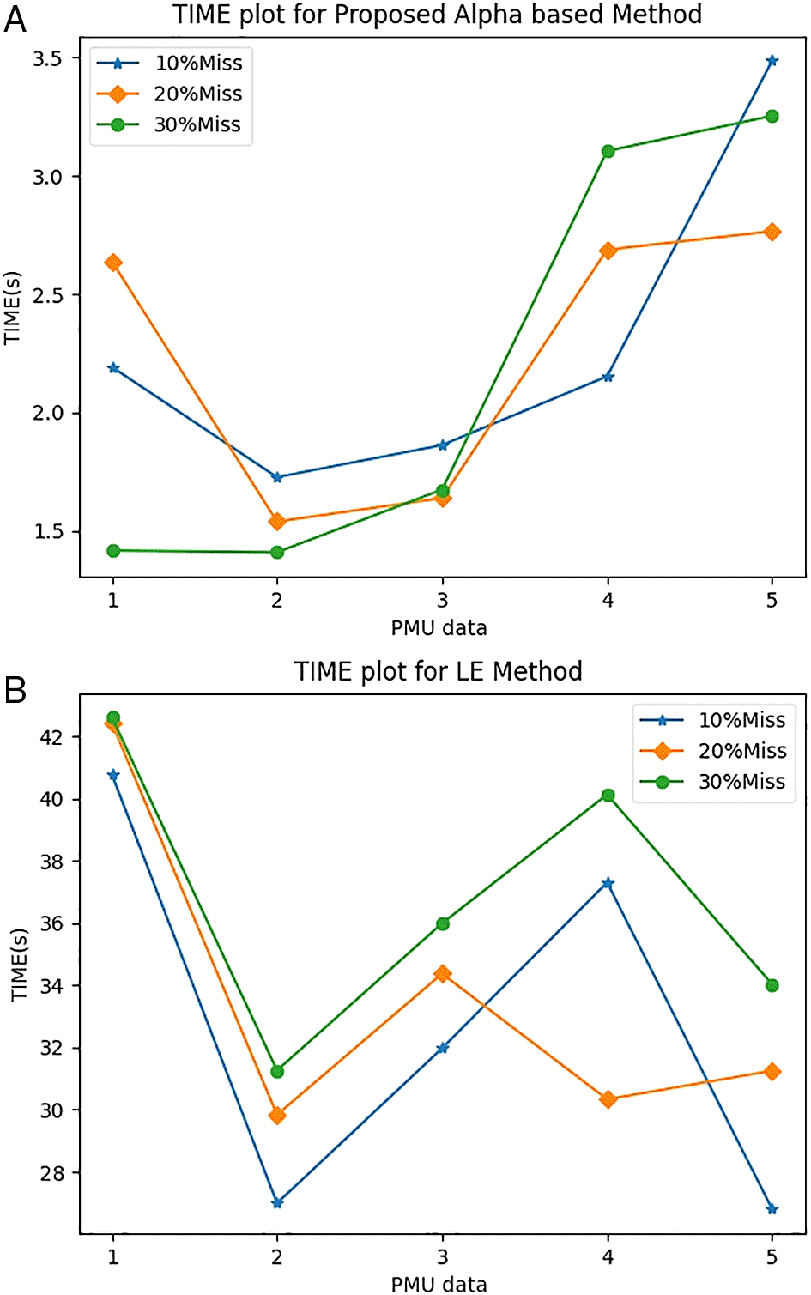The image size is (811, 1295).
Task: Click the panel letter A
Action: [x=15, y=18]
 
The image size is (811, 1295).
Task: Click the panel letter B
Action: [x=15, y=689]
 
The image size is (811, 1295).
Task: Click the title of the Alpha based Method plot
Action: [x=437, y=15]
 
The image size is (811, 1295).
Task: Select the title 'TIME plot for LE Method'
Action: [x=438, y=670]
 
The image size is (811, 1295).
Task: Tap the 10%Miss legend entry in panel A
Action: [x=170, y=63]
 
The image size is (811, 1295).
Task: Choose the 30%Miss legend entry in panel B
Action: [x=713, y=782]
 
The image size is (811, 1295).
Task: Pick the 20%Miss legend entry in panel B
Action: [x=713, y=751]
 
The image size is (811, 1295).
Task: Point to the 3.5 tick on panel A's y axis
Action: [x=47, y=58]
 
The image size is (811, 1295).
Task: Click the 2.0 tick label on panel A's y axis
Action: [x=47, y=413]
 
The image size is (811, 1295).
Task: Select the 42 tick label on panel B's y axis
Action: [x=51, y=737]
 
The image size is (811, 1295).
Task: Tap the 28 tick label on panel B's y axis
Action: [x=51, y=1173]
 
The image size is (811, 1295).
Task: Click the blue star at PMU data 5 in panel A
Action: [x=772, y=61]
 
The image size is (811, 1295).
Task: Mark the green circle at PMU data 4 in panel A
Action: [x=608, y=151]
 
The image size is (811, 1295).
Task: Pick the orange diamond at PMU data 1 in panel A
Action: [x=112, y=263]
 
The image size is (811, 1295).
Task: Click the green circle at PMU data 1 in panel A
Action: [x=112, y=551]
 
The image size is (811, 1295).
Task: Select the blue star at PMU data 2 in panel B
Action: [x=277, y=1203]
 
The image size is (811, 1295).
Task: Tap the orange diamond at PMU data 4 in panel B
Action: [x=608, y=1099]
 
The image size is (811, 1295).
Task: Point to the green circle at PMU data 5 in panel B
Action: [x=772, y=985]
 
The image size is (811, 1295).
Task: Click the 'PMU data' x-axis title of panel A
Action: [x=439, y=628]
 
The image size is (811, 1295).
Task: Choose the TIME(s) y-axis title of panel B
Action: [x=19, y=964]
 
